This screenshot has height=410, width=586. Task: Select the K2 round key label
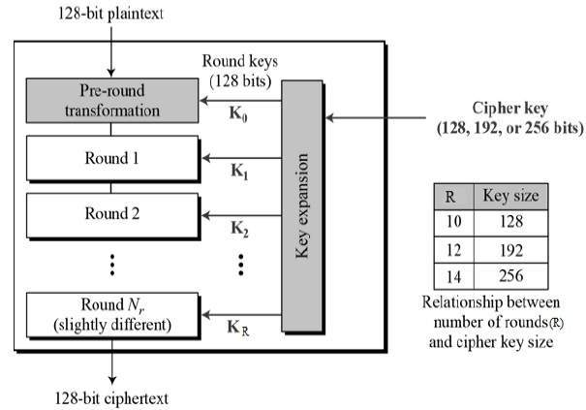click(x=238, y=230)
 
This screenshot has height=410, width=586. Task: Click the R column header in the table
click(x=449, y=197)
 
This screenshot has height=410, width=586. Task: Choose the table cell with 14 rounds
click(x=449, y=274)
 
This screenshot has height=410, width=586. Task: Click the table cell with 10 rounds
click(x=449, y=222)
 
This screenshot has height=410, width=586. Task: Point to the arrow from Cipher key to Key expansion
click(x=373, y=119)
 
